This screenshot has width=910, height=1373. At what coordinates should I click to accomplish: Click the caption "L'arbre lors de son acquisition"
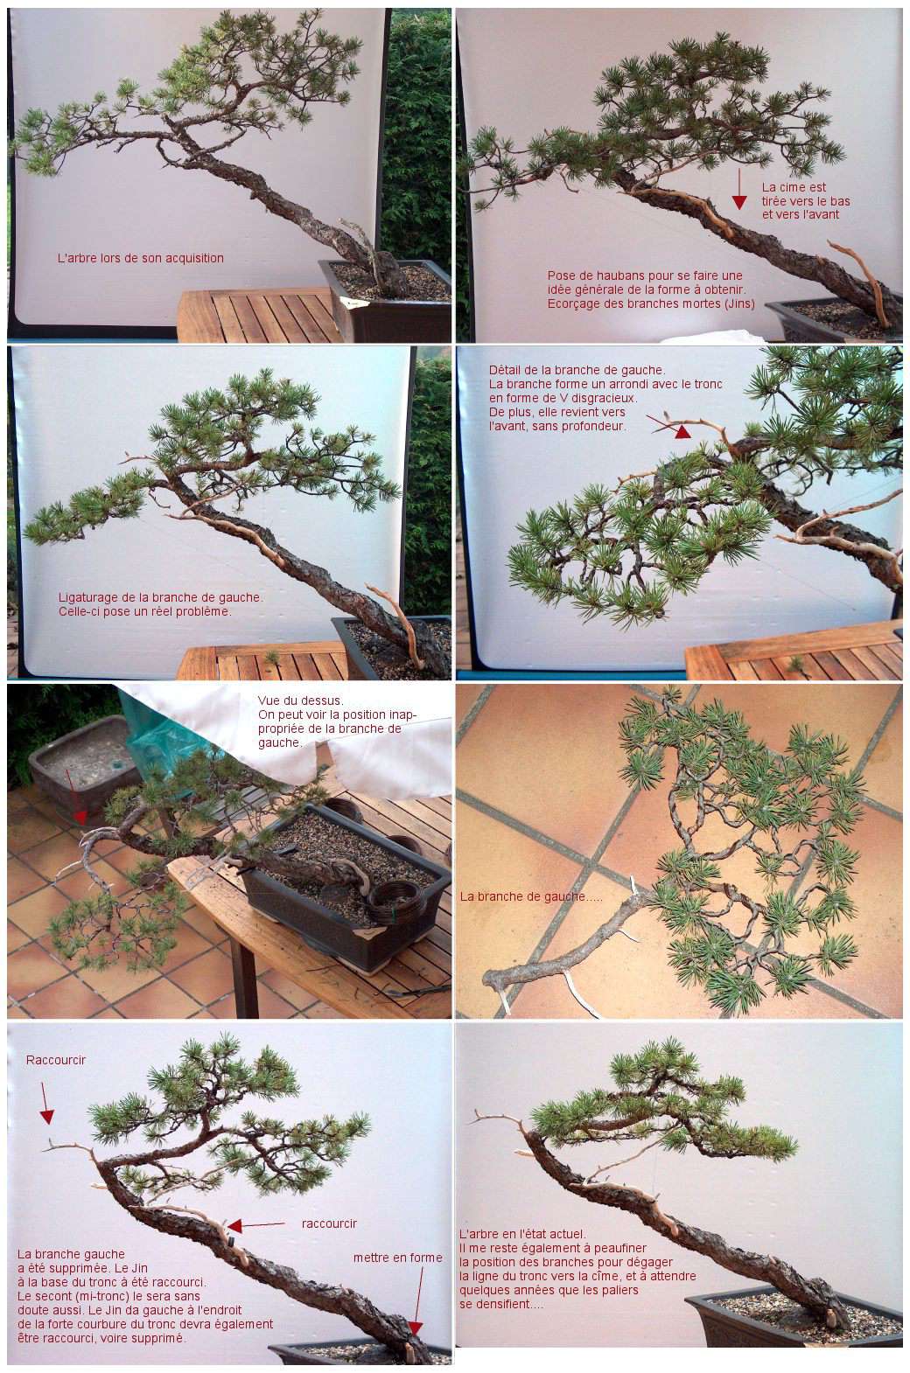point(140,258)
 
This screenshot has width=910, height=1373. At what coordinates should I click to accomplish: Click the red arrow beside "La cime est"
point(739,190)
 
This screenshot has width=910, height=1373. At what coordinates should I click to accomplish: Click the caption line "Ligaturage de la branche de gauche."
point(161,597)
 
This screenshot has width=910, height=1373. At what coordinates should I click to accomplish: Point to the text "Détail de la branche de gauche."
point(577,370)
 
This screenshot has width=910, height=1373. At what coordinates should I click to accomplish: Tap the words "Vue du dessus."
point(300,700)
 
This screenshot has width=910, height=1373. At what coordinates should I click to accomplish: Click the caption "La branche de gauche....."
point(531,896)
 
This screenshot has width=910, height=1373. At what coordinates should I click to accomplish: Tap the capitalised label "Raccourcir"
point(56,1060)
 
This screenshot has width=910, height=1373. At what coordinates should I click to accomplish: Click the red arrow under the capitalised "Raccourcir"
point(45,1104)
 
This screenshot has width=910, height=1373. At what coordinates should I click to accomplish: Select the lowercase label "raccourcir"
point(329,1223)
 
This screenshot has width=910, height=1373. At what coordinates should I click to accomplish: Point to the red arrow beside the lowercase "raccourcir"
point(256,1225)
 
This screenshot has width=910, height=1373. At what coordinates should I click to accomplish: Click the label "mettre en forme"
point(398,1258)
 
